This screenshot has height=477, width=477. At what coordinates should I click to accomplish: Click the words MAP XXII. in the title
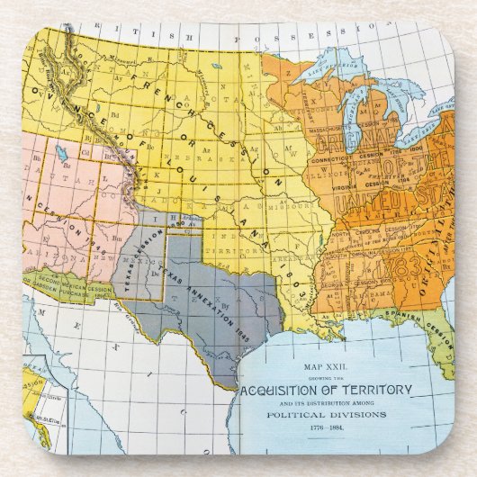pos(327,367)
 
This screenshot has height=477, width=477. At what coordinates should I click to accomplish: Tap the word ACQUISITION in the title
pos(285,388)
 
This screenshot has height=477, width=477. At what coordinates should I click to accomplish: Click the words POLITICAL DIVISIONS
pos(327,415)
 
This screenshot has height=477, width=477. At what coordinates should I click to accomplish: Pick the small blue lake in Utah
pos(60,150)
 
